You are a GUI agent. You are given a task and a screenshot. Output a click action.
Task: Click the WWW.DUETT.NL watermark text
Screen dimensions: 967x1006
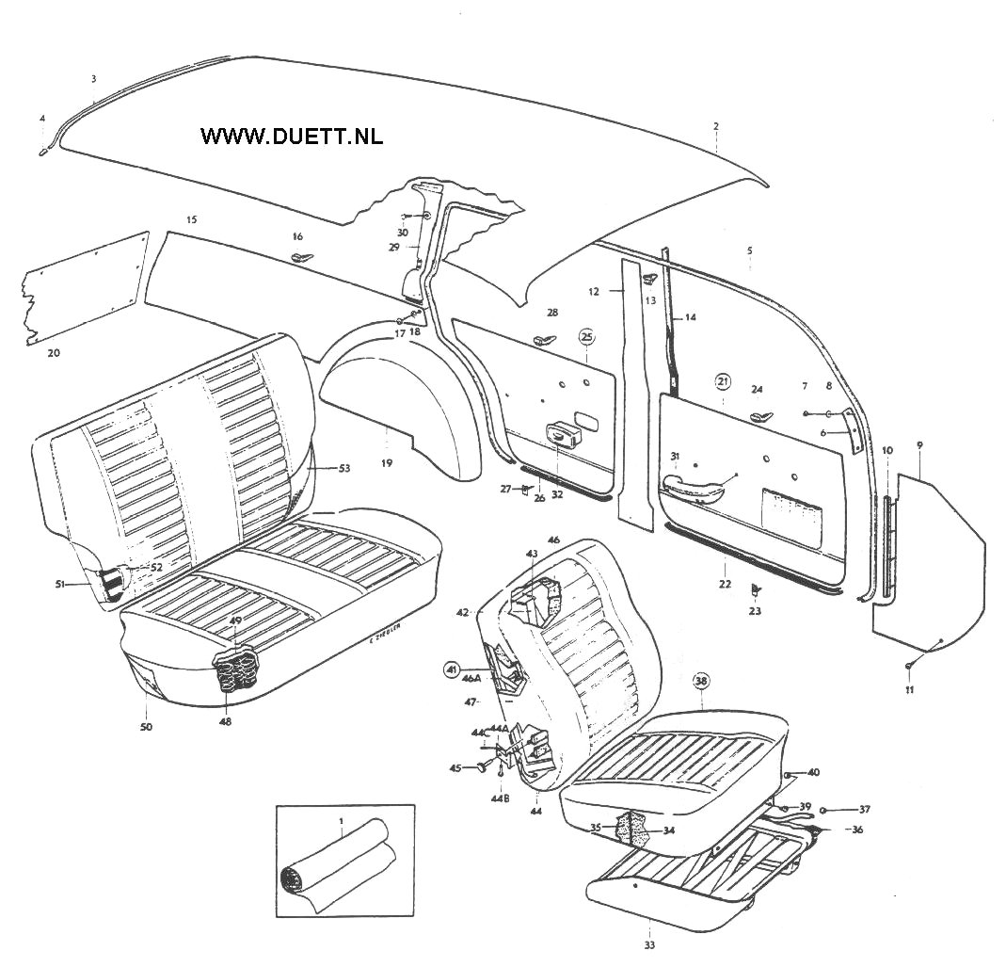[x=292, y=136]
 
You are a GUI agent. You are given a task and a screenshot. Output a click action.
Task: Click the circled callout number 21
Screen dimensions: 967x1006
[x=723, y=381]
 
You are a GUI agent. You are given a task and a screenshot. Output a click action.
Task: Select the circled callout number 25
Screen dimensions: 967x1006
[x=586, y=336]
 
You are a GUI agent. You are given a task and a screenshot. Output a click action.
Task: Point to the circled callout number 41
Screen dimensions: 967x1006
[x=453, y=670]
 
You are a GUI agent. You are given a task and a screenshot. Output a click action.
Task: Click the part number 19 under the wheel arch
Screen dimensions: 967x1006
[x=386, y=463]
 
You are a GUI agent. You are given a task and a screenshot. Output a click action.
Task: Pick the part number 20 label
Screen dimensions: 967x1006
[x=54, y=352]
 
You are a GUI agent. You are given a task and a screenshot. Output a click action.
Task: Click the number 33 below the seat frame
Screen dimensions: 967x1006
[x=649, y=944]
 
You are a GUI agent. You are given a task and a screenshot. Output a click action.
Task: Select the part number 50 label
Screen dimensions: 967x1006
[x=146, y=726]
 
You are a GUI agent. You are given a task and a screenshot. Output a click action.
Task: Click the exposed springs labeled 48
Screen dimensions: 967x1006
[x=237, y=670]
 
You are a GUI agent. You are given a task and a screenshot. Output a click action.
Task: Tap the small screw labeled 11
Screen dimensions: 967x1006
[x=910, y=667]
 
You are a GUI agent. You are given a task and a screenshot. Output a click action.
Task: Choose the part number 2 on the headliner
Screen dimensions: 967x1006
[x=715, y=125]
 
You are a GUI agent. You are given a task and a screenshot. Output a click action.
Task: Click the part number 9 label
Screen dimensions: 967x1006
[x=918, y=443]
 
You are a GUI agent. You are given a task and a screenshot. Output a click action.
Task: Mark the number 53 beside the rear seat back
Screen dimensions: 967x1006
[x=343, y=468]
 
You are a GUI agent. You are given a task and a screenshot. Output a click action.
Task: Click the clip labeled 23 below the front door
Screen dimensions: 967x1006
[x=756, y=590]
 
